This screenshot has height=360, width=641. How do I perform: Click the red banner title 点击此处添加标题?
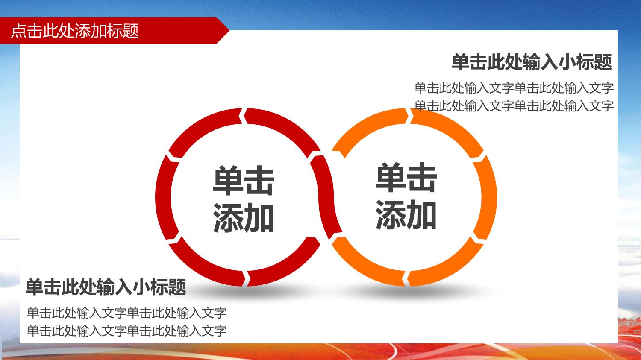(75, 31)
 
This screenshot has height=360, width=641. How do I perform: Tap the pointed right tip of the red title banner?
(229, 30)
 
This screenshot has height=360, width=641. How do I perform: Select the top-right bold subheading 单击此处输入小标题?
(532, 62)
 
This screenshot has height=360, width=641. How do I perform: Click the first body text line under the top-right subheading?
(514, 88)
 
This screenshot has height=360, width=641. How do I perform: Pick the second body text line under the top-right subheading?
(514, 106)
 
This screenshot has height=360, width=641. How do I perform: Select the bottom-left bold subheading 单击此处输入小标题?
(106, 287)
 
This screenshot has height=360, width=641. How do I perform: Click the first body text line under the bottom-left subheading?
(127, 313)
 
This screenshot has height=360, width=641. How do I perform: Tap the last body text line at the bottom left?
(127, 331)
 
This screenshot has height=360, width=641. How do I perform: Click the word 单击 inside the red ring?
(244, 181)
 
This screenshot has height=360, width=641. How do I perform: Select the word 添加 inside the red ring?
(244, 217)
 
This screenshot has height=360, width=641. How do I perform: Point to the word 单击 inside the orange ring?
(406, 177)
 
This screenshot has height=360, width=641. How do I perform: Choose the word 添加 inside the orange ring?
(406, 214)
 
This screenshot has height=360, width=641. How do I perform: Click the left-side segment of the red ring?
(164, 197)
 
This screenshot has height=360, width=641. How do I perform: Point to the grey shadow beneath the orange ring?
(412, 292)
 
